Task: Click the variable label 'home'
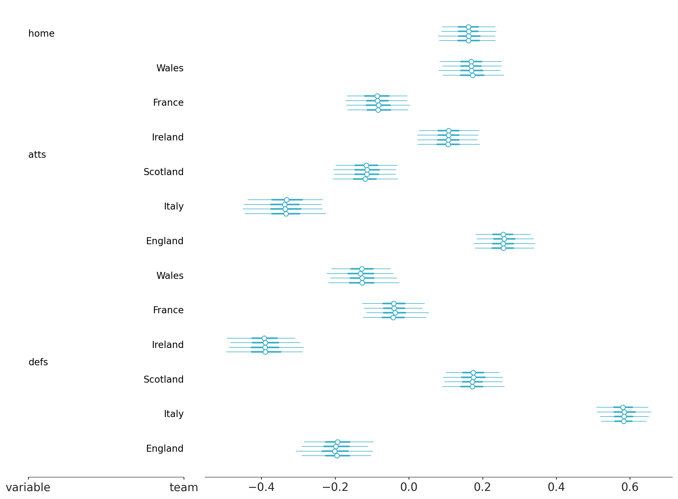tap(41, 34)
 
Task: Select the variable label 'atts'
tap(37, 155)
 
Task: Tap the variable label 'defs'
tap(38, 362)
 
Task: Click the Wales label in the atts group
tap(170, 68)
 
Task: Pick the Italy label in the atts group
tap(174, 206)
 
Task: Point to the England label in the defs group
tap(165, 449)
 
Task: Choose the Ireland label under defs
tap(168, 345)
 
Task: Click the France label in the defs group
tap(168, 310)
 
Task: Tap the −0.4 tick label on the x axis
tap(261, 487)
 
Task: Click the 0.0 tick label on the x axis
tap(409, 487)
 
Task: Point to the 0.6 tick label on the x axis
tap(630, 487)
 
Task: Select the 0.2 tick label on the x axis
tap(482, 487)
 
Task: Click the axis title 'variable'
tap(28, 488)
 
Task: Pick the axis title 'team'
tap(184, 488)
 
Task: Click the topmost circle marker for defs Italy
tap(623, 408)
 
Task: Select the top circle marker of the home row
tap(468, 27)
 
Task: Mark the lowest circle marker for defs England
tap(337, 456)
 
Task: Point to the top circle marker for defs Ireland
tap(264, 338)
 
